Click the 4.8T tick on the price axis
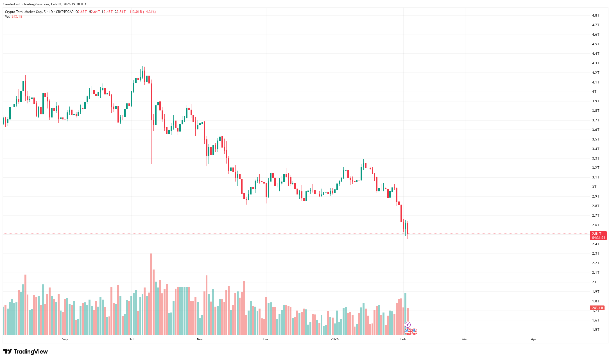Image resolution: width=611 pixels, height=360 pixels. point(596,15)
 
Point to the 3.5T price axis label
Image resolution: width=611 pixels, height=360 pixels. point(596,139)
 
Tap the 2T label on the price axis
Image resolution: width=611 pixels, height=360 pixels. point(594,282)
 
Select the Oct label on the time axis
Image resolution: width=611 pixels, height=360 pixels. point(131,339)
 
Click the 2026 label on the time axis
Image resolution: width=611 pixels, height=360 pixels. point(334,339)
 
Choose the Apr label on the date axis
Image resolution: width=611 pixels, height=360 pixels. point(533,339)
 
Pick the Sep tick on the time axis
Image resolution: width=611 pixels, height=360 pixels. point(65,339)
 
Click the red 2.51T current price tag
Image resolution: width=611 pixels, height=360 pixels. point(598,236)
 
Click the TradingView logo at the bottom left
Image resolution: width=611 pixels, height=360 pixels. point(26,352)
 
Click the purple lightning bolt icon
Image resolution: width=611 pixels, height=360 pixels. point(408,325)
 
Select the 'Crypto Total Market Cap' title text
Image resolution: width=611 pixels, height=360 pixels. point(24,12)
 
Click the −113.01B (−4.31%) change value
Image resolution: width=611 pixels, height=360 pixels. point(142,12)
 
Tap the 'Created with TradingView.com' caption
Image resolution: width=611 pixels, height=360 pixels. point(45,4)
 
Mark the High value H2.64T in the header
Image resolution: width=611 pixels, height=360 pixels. point(94,12)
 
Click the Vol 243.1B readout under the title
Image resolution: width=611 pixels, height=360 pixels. point(13,17)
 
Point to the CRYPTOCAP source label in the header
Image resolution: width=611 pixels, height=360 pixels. point(65,12)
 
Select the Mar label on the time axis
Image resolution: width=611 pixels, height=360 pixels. point(465,339)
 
